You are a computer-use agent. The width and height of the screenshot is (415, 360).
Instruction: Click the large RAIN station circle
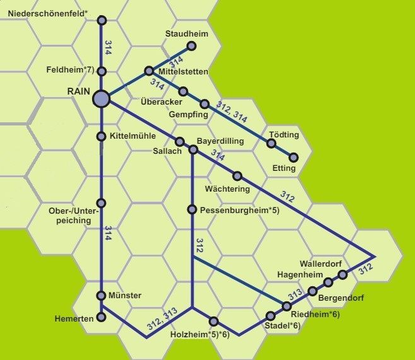[101, 98]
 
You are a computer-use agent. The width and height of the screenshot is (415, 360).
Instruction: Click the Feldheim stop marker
[102, 71]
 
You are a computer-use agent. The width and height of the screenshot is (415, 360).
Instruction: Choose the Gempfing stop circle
[204, 104]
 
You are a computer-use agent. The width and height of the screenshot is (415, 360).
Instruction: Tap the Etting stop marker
[293, 157]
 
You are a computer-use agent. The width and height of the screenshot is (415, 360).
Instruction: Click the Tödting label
[284, 135]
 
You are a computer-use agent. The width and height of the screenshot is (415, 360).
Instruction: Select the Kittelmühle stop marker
[102, 136]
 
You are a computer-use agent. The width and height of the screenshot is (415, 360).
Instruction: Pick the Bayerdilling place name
[220, 141]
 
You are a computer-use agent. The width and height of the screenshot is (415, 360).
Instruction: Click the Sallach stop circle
[180, 142]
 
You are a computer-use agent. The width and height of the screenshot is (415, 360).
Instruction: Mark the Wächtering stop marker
[238, 176]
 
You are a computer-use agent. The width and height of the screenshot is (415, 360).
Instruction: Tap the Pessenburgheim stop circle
[192, 209]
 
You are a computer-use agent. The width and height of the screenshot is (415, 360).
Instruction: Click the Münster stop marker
[102, 295]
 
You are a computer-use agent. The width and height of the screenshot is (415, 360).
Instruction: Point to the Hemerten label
[73, 319]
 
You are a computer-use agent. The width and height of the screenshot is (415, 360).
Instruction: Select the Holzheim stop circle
[214, 321]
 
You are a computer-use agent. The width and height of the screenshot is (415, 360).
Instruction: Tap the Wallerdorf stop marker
[342, 274]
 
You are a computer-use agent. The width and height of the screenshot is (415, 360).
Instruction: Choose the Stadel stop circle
[271, 315]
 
